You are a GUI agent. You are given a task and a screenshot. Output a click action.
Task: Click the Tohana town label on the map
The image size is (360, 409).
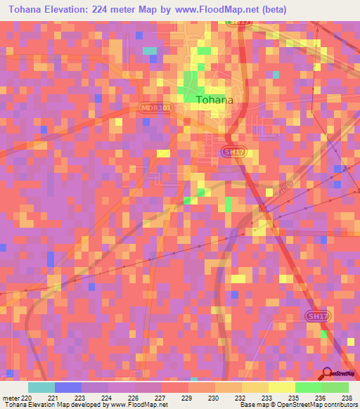(x=214, y=100)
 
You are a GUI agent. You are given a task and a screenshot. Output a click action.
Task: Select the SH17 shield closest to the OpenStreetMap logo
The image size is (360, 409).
(x=316, y=318)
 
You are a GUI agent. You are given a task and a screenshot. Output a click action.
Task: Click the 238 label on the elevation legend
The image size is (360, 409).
(x=346, y=398)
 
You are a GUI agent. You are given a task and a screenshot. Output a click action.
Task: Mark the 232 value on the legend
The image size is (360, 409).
(x=227, y=398)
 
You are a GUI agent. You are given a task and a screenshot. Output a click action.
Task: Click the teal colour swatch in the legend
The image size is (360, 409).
(x=41, y=387)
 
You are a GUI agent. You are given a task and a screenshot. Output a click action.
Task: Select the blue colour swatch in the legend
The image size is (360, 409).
(x=68, y=387)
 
